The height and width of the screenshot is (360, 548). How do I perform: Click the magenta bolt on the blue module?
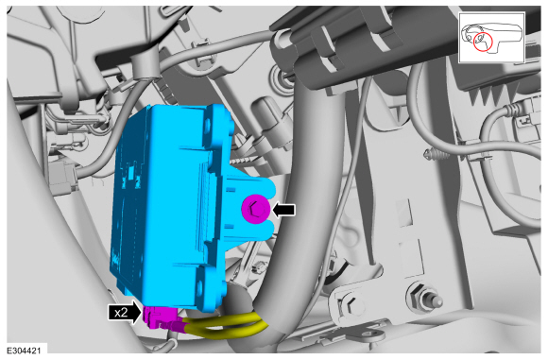click(255, 209)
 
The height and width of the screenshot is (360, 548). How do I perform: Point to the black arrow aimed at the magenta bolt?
click(283, 210)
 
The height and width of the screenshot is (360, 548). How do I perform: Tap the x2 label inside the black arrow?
click(121, 312)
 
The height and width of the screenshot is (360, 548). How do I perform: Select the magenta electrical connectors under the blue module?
click(162, 317)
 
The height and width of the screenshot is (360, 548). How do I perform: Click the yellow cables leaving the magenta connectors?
click(224, 326)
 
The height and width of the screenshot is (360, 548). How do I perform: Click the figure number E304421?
click(24, 351)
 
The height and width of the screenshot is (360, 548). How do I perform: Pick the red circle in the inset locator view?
click(483, 42)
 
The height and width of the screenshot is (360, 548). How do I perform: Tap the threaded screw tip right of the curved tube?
click(437, 154)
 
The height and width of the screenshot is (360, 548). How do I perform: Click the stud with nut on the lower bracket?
click(423, 298)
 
